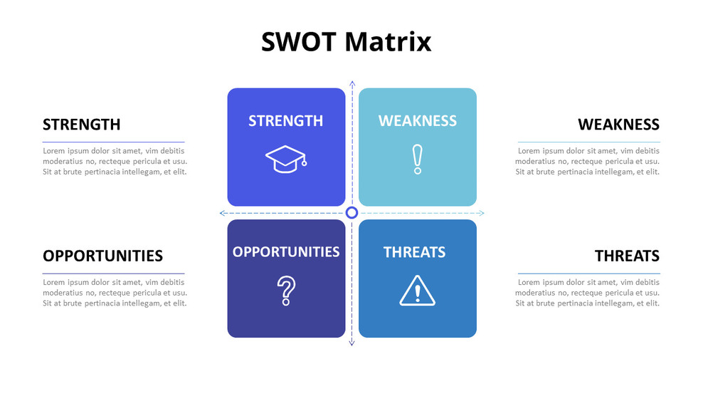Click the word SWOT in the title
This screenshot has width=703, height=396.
point(300,41)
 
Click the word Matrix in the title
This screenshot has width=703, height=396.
point(388,41)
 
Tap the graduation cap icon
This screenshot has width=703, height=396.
point(286,159)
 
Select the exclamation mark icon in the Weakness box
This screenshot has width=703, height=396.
point(418,159)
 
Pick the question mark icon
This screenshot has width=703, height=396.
point(286,291)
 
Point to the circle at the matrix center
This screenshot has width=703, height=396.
point(351,213)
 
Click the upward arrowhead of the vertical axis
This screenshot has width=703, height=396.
point(351,83)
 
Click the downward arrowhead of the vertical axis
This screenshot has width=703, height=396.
point(351,343)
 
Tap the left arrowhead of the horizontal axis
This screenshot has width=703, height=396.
point(223,213)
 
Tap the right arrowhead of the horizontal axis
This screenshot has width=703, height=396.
point(481,213)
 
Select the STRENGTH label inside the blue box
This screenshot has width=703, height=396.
point(286,121)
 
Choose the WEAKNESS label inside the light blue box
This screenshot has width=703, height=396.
point(418,121)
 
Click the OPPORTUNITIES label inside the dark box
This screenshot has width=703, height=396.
point(286,251)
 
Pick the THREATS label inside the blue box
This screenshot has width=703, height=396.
point(414,252)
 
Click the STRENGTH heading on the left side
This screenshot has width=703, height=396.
point(81,125)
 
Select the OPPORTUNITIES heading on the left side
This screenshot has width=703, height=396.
point(102,256)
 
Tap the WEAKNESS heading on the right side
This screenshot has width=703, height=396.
point(618,125)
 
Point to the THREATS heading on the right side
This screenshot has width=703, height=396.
point(627,256)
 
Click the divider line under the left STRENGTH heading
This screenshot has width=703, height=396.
point(113,142)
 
